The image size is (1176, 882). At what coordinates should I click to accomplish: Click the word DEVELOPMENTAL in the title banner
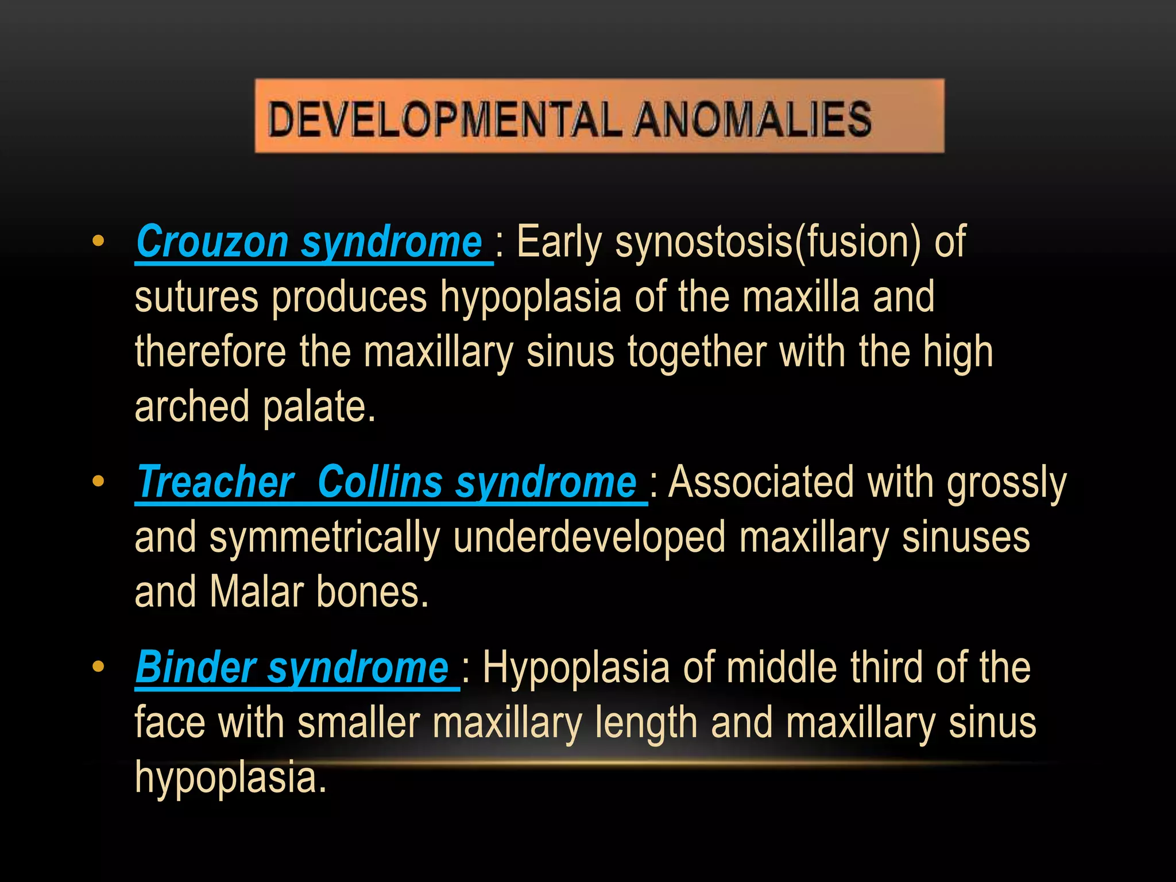445,119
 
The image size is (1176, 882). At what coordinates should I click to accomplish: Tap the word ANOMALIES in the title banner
753,119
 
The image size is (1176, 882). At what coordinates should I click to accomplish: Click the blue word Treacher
216,482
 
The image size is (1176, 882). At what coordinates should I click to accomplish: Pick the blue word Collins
380,482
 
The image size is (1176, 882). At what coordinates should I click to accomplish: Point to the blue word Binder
195,668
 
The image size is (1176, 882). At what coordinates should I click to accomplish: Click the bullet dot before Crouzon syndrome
98,242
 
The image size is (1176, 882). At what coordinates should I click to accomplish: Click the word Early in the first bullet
559,242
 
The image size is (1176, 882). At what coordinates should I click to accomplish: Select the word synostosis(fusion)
768,242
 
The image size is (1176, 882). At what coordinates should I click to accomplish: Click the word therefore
210,352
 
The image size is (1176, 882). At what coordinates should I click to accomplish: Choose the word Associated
761,482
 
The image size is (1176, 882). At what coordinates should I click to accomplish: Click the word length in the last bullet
646,723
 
